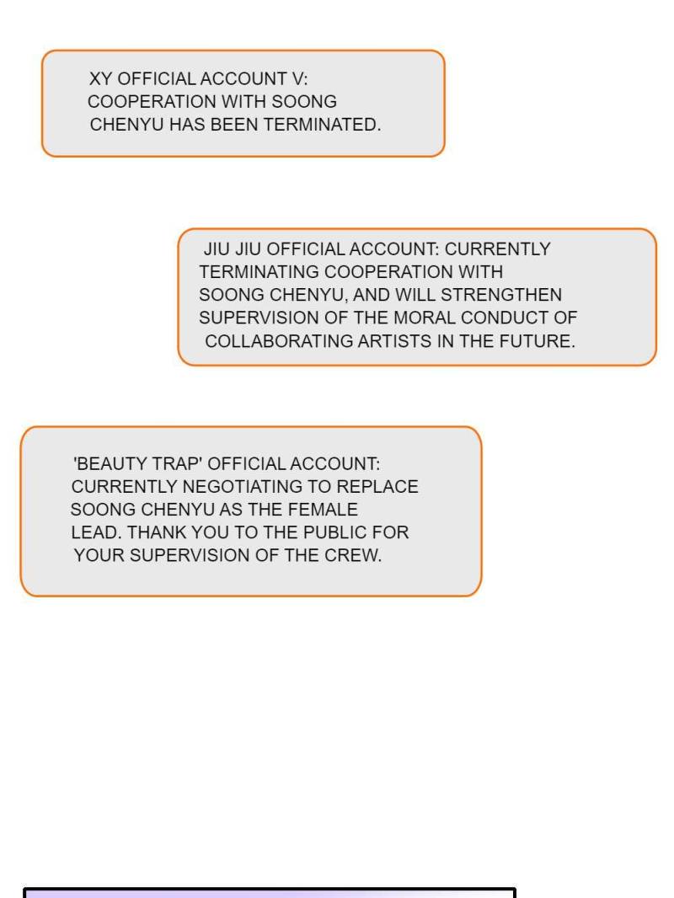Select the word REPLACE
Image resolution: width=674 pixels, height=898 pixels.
[378, 487]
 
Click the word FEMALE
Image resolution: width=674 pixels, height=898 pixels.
[323, 510]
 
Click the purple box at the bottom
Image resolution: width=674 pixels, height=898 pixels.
[270, 894]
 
